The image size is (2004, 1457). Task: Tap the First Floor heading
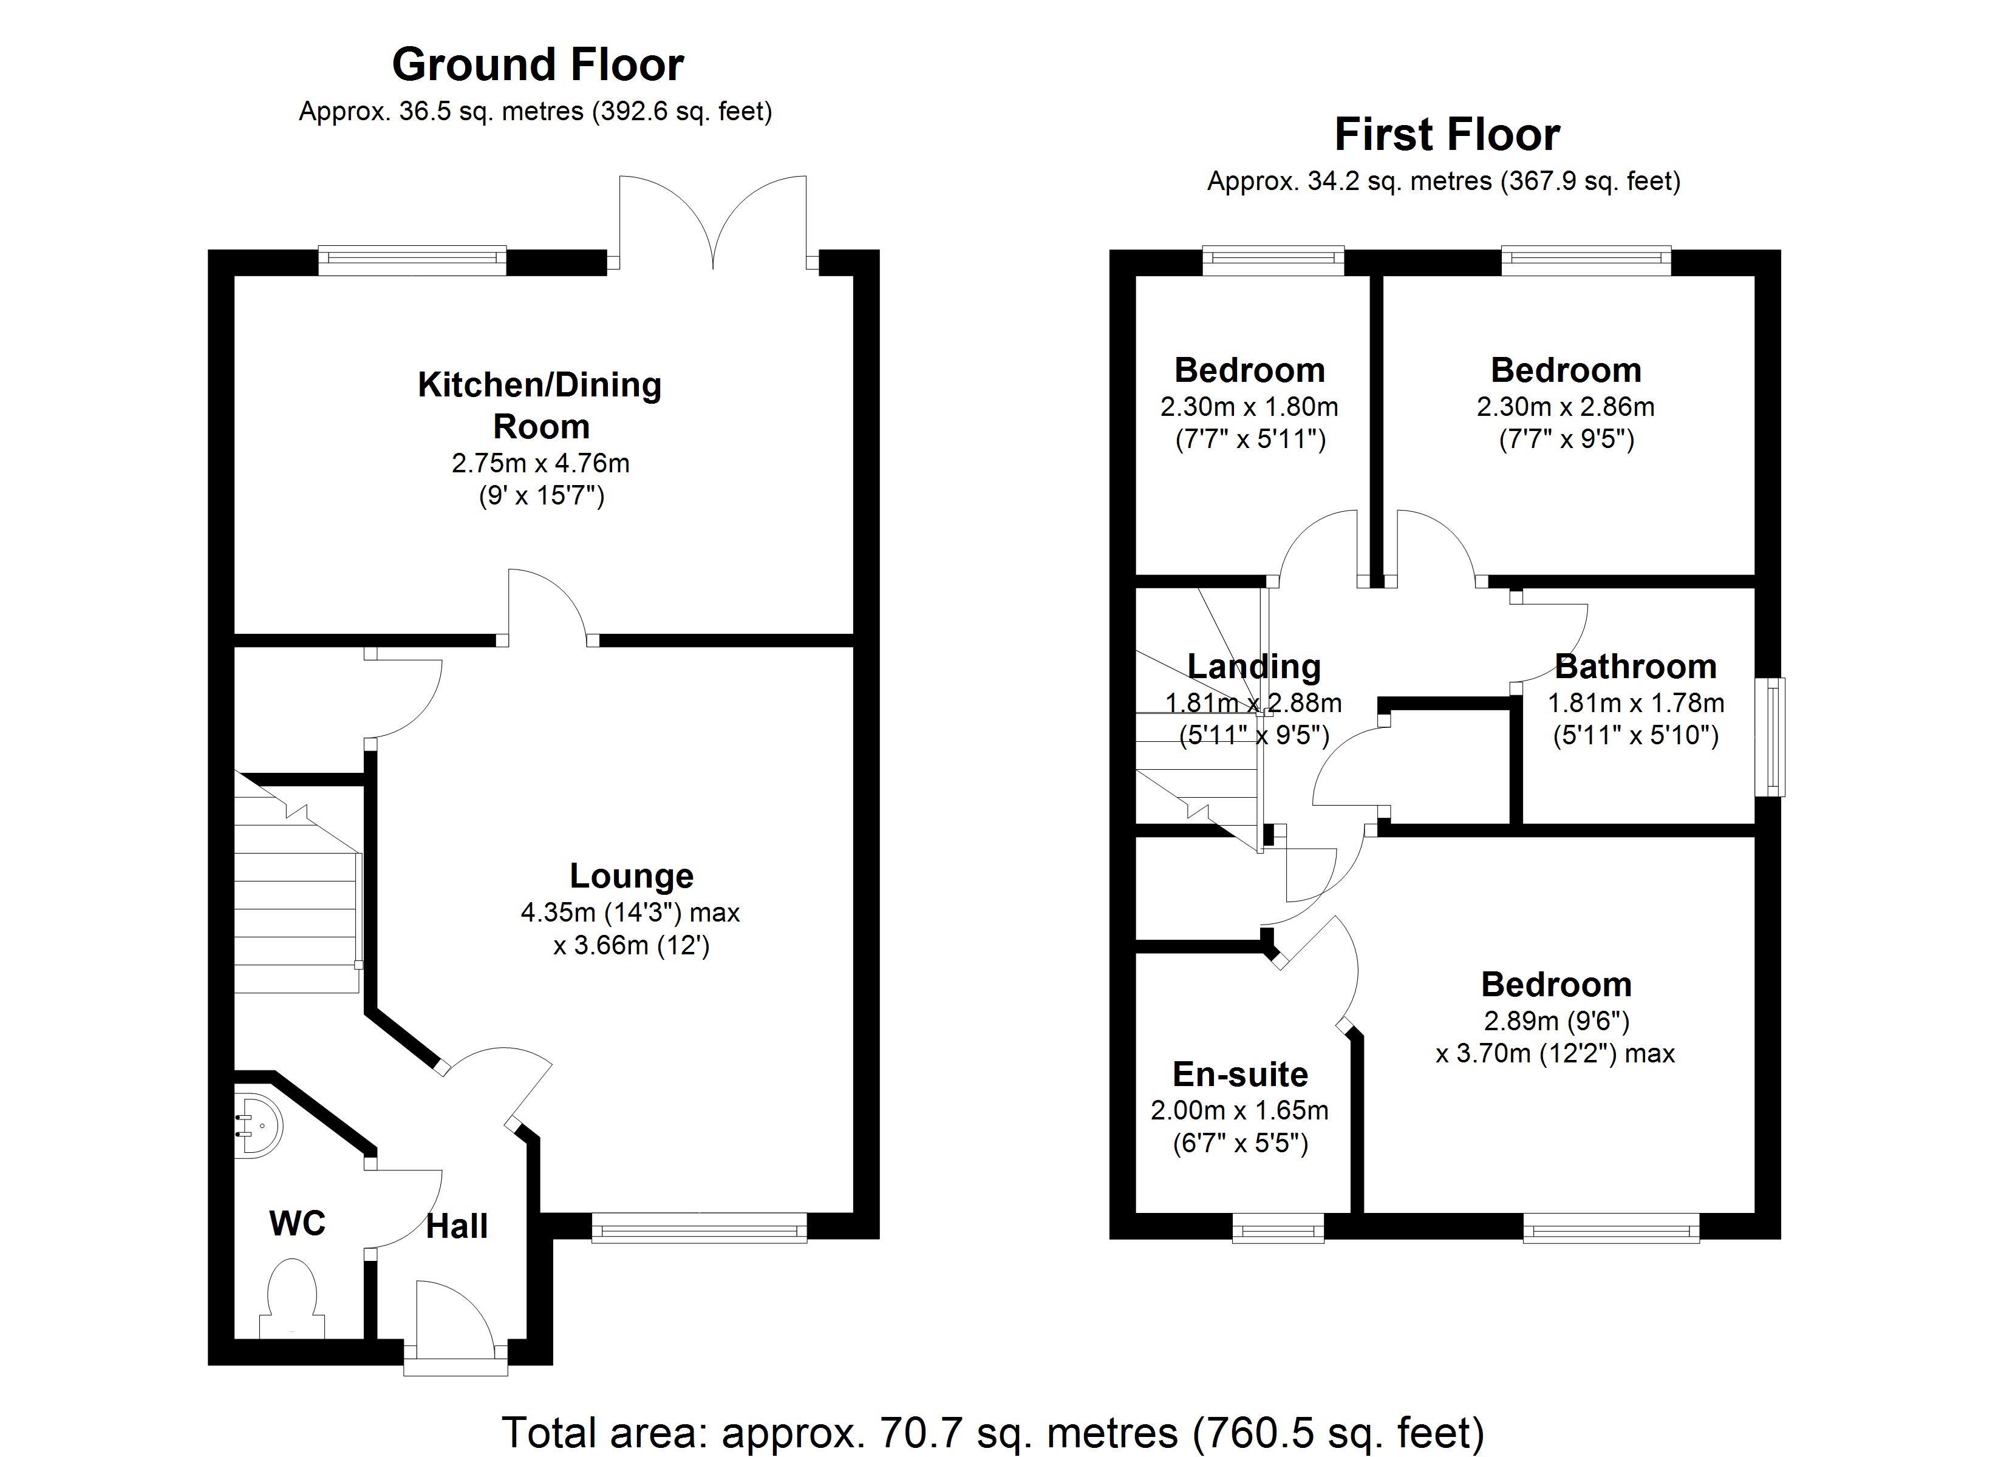tap(1447, 135)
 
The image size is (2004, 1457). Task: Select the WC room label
tap(297, 1224)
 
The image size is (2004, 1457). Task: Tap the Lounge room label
tap(631, 875)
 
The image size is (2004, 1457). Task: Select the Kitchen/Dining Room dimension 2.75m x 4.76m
tap(540, 463)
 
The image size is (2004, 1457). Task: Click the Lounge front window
tap(699, 1228)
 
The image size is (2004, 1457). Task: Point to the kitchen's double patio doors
tap(713, 221)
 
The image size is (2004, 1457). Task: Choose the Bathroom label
tap(1635, 666)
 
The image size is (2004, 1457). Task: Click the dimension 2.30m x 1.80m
tap(1249, 407)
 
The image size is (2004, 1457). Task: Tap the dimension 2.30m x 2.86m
tap(1565, 407)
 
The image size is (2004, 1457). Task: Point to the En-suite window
tap(1278, 1228)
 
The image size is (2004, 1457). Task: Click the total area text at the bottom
tap(993, 1432)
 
